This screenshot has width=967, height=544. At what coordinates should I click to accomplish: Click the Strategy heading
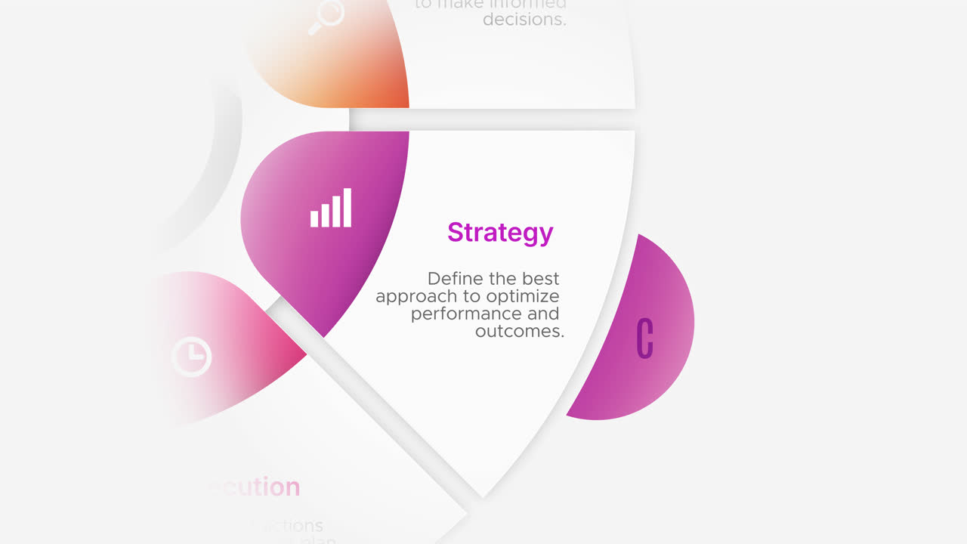click(500, 233)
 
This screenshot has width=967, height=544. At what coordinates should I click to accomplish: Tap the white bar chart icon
click(331, 208)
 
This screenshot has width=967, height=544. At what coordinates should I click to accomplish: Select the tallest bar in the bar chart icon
click(348, 208)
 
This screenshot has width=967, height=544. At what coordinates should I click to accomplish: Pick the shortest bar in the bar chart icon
click(315, 218)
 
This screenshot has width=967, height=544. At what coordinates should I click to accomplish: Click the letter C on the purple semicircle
click(644, 338)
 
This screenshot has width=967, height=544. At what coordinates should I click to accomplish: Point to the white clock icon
click(191, 356)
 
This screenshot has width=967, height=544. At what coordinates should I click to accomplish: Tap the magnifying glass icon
click(326, 16)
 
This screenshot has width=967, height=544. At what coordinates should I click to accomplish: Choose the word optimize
click(523, 296)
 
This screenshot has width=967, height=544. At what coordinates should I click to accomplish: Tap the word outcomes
click(520, 331)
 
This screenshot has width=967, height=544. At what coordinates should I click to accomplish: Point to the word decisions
click(524, 20)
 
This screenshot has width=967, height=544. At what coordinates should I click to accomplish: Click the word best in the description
click(541, 279)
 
